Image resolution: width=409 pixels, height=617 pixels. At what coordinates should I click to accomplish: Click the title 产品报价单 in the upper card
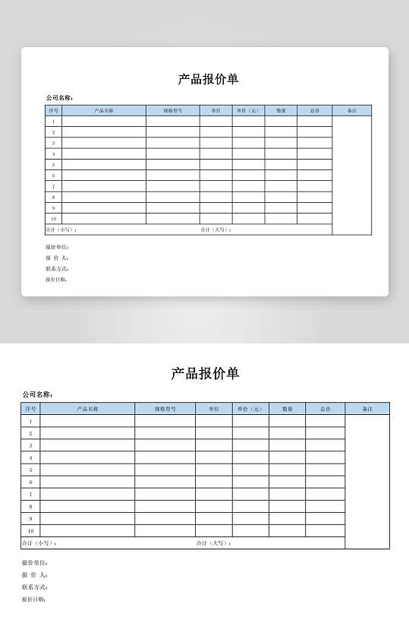point(208,79)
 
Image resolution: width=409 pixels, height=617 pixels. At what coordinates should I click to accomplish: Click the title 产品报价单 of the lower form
point(205,373)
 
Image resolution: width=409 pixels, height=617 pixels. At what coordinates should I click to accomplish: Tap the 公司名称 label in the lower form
point(37,394)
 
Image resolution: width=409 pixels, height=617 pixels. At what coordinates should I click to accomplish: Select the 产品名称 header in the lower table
point(87,409)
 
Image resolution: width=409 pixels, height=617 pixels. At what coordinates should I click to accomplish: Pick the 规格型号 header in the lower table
point(165,409)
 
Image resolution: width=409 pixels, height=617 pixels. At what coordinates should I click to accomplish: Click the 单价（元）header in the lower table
point(250,409)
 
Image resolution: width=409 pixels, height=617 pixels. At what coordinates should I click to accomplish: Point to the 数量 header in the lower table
point(288,409)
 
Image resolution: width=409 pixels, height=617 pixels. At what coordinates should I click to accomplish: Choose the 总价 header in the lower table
point(325,409)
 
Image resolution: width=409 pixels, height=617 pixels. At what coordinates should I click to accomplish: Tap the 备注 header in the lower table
point(367,409)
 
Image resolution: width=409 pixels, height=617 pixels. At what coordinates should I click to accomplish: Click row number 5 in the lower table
point(30,470)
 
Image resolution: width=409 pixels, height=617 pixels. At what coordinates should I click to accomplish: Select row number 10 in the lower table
point(30,530)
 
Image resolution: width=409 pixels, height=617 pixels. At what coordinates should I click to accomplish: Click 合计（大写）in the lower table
point(213,543)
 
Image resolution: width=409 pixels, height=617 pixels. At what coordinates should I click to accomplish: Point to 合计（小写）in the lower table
point(39,543)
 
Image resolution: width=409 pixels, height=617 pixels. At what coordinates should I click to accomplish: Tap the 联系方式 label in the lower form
point(35,587)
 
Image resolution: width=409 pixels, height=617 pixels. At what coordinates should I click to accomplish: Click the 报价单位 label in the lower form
point(35,563)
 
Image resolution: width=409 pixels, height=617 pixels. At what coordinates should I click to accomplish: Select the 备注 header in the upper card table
point(351,111)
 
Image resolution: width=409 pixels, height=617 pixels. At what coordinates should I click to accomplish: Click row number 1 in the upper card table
point(53,122)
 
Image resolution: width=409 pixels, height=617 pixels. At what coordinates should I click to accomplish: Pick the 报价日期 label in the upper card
point(56,280)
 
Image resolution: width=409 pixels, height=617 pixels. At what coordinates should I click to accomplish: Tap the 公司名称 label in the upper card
point(59,98)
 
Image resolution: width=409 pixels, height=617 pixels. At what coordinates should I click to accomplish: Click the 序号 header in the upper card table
point(53,111)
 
